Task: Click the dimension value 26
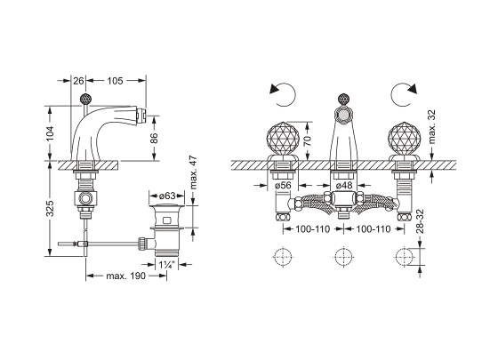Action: point(78,81)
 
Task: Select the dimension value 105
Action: point(115,81)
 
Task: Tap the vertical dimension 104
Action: point(50,133)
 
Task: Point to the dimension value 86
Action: point(154,138)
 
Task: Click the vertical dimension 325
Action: point(50,208)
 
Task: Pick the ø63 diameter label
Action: point(167,196)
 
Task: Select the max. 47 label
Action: point(194,172)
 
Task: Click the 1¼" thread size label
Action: point(167,265)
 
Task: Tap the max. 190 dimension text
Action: point(125,276)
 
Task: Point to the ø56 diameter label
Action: point(283,185)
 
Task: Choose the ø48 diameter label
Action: point(344,185)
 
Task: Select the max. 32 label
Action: point(431,127)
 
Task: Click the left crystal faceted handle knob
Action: point(280,139)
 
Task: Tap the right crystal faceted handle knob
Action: point(402,139)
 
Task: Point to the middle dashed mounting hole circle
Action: point(344,257)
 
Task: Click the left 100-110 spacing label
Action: point(313,229)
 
